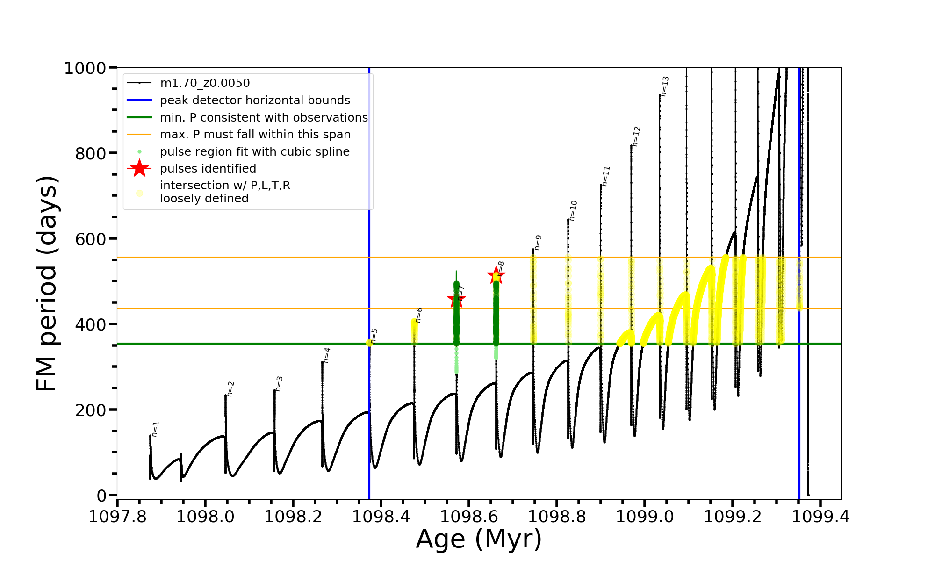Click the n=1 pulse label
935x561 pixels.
[156, 429]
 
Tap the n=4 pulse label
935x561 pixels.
[327, 355]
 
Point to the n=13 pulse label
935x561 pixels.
[665, 86]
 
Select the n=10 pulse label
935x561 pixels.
[573, 210]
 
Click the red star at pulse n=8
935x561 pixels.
[496, 275]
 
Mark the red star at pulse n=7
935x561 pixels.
[456, 299]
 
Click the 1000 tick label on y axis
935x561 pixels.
[85, 68]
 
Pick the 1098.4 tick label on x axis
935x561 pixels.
[381, 517]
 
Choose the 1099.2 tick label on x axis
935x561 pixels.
[733, 517]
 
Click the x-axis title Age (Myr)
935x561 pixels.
[479, 539]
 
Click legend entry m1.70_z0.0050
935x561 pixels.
[205, 83]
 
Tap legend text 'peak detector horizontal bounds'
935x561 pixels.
[255, 101]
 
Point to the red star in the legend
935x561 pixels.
[139, 168]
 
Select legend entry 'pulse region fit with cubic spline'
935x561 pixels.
[255, 152]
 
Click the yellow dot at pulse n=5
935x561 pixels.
[369, 343]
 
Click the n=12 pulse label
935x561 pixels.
[636, 136]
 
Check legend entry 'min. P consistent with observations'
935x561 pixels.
[264, 118]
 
